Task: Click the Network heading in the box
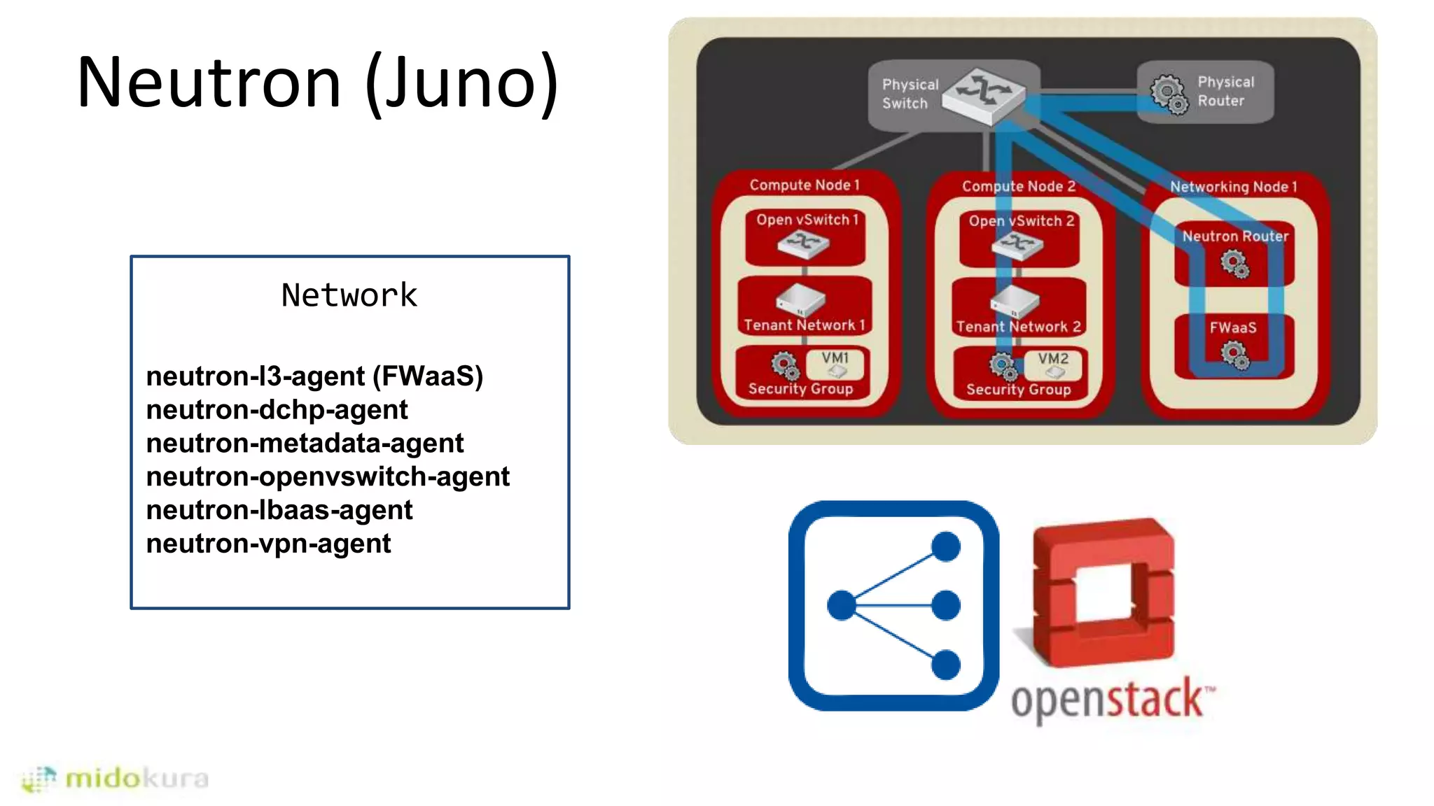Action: coord(349,295)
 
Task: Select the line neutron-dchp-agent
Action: coord(277,410)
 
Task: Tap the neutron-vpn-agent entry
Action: coord(268,544)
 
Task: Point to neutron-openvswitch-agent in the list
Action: coord(328,476)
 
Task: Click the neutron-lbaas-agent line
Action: coord(279,510)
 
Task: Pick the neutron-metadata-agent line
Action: coord(305,444)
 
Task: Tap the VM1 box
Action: coord(835,364)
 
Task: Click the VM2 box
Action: coord(1053,365)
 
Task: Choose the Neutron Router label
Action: coord(1235,236)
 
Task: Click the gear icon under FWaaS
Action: coord(1234,355)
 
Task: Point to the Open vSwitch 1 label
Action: coord(807,220)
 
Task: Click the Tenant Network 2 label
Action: coord(1018,327)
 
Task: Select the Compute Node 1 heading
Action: coord(804,185)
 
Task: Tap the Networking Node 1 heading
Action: coord(1233,187)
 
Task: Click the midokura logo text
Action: coord(137,778)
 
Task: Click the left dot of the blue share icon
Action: coord(842,605)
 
